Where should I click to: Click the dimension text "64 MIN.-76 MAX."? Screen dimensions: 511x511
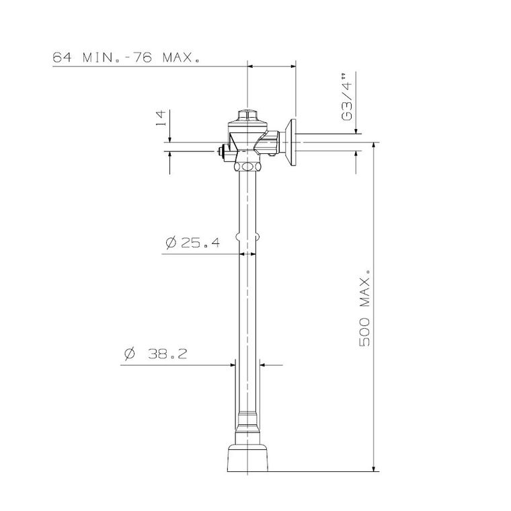tap(126, 58)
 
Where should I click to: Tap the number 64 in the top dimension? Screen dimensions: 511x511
tap(63, 58)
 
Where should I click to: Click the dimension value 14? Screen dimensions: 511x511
tap(161, 119)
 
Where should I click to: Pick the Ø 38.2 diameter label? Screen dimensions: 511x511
tap(155, 354)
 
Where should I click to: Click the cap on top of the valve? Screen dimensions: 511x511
tap(247, 115)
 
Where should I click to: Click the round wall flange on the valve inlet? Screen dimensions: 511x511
tap(292, 142)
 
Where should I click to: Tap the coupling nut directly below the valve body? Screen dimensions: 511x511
tap(248, 165)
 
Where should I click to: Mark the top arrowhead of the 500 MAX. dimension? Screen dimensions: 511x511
tap(374, 147)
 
